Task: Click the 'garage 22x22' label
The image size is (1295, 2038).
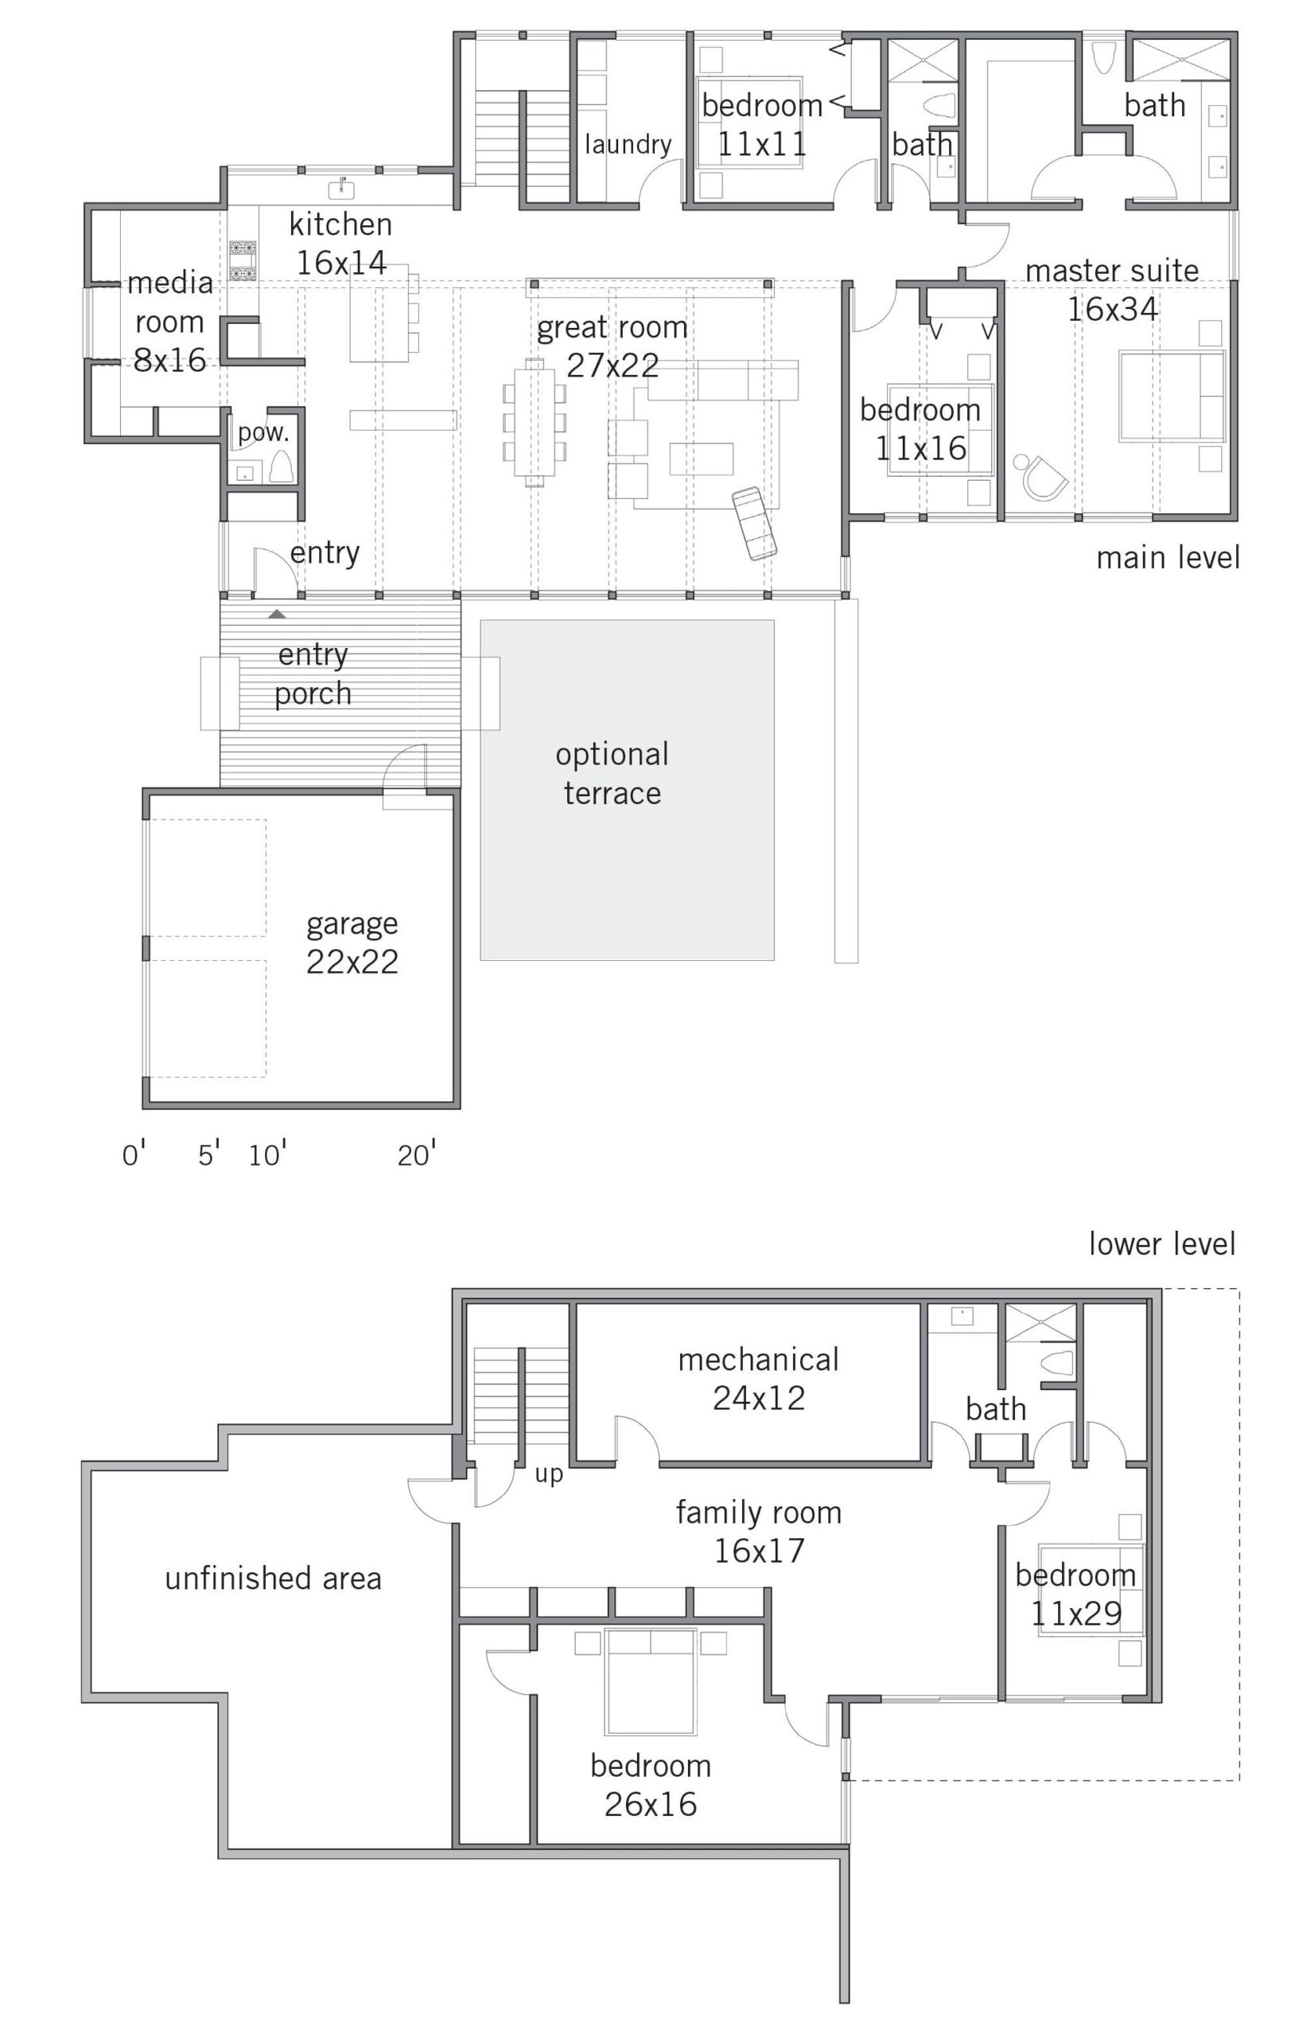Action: pos(352,942)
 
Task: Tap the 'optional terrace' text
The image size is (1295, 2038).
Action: pos(612,774)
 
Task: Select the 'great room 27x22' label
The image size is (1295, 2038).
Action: pos(612,346)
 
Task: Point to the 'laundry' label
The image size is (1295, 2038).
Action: pos(628,144)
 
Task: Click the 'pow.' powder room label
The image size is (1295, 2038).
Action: pos(263,432)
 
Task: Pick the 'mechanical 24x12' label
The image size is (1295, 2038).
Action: pos(758,1379)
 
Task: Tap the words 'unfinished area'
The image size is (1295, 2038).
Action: pos(272,1579)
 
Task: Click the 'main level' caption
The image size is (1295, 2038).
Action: pos(1167,558)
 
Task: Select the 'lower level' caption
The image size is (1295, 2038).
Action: pos(1161,1244)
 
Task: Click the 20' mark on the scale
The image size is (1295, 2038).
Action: pos(416,1155)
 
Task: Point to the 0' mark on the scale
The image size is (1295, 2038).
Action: pos(134,1155)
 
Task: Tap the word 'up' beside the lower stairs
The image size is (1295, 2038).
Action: pos(548,1474)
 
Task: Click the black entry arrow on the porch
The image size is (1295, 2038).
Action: pos(277,614)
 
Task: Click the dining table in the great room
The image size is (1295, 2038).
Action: pos(535,421)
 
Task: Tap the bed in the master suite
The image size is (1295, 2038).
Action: pos(1172,397)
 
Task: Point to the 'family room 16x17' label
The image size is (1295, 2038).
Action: pos(758,1531)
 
